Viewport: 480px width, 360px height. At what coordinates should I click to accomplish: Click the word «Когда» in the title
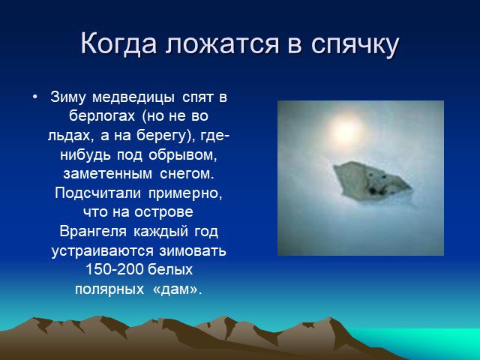pyautogui.click(x=118, y=43)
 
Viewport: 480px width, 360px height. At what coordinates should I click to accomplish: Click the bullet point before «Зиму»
pyautogui.click(x=35, y=97)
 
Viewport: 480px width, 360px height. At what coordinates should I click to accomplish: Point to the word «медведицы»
pyautogui.click(x=133, y=98)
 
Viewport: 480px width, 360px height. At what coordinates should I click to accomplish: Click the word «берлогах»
pyautogui.click(x=102, y=116)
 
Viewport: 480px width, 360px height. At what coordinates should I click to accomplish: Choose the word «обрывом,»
pyautogui.click(x=183, y=155)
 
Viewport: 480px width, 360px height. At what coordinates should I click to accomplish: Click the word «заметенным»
pyautogui.click(x=108, y=174)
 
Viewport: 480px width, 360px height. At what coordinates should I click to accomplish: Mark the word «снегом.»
pyautogui.click(x=187, y=174)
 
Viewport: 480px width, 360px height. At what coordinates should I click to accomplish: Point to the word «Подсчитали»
pyautogui.click(x=98, y=193)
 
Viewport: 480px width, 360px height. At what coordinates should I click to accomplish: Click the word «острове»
pyautogui.click(x=163, y=212)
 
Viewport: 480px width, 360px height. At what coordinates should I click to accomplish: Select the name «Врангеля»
pyautogui.click(x=93, y=232)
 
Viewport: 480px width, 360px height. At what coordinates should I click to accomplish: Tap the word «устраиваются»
pyautogui.click(x=103, y=251)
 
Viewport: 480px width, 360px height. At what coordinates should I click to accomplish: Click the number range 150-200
pyautogui.click(x=115, y=270)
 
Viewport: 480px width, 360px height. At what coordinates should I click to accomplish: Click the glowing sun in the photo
pyautogui.click(x=346, y=130)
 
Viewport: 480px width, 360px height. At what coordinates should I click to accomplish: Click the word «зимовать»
pyautogui.click(x=193, y=251)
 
